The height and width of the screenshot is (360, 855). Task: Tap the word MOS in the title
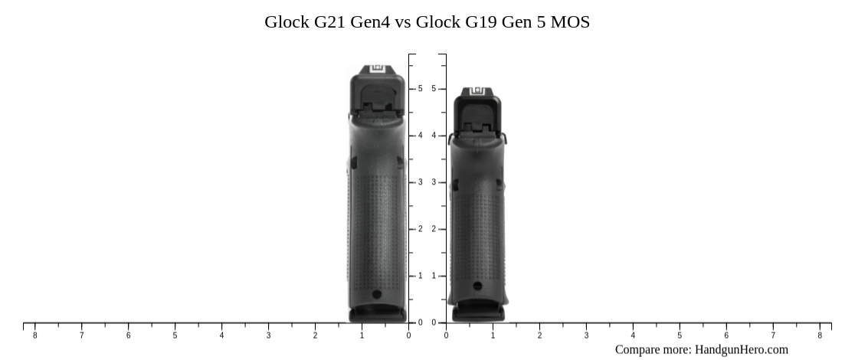(570, 22)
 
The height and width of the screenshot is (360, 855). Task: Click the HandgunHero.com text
(741, 349)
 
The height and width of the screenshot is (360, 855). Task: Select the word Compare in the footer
(639, 349)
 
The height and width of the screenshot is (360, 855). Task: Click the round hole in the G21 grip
(376, 294)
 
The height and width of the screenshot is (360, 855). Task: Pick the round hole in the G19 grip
(477, 286)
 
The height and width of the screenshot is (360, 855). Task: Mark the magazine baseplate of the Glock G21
(378, 314)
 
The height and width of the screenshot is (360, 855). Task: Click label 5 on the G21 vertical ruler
(420, 89)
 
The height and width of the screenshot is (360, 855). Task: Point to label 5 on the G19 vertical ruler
(434, 89)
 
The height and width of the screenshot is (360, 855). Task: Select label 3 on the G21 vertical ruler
(420, 182)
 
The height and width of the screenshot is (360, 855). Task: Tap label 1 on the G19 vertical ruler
(434, 276)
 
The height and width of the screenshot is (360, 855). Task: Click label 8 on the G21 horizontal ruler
(34, 335)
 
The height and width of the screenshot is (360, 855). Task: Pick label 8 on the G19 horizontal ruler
(820, 335)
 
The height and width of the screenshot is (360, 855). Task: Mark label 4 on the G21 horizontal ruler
(221, 335)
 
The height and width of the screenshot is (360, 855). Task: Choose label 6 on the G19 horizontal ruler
(726, 335)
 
